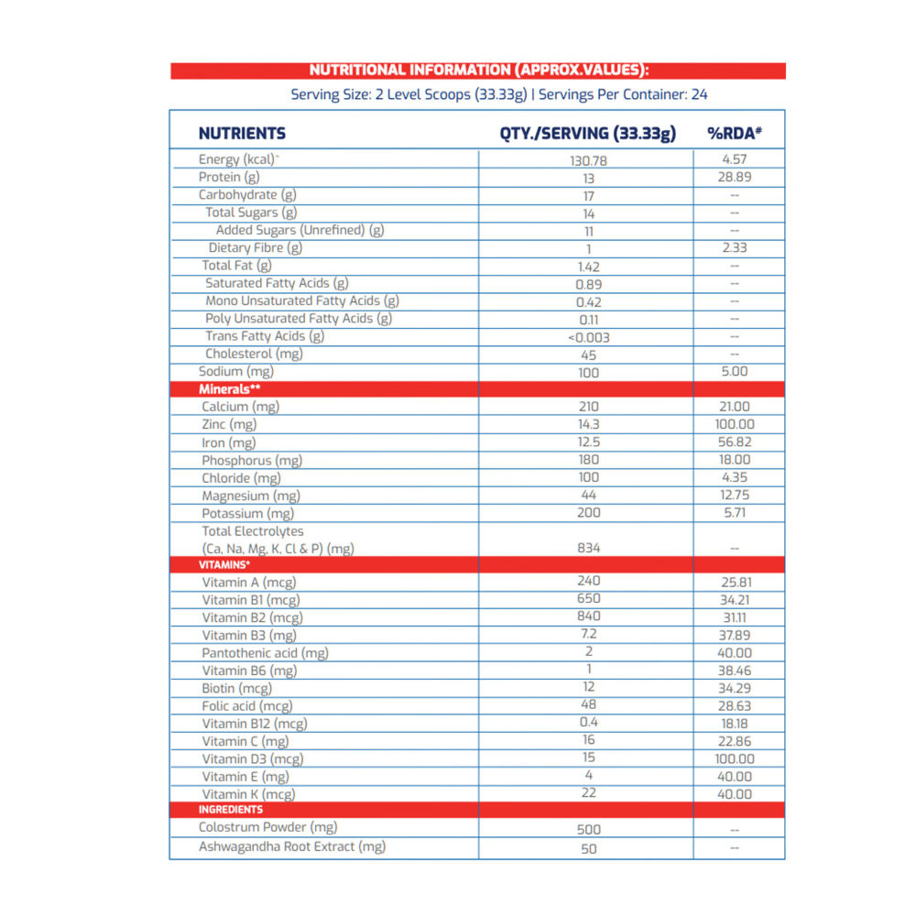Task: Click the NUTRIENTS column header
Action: click(x=242, y=134)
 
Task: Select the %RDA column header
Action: click(x=735, y=134)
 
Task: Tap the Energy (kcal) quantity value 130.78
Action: click(x=588, y=160)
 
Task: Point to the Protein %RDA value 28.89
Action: click(x=735, y=177)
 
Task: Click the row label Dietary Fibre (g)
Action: click(x=256, y=248)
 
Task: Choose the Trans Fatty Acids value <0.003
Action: click(x=588, y=337)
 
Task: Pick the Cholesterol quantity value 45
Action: click(x=588, y=354)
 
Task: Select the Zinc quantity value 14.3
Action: click(x=588, y=424)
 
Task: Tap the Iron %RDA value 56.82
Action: click(x=735, y=442)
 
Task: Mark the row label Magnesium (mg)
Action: click(x=249, y=496)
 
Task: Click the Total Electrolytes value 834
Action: click(x=588, y=548)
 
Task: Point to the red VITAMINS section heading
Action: click(x=224, y=565)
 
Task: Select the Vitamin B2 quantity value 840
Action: click(x=588, y=616)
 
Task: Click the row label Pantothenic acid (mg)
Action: click(x=265, y=653)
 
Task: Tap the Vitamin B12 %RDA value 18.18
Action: click(x=735, y=724)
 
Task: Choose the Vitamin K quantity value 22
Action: click(x=588, y=793)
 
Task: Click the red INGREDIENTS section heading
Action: click(x=231, y=810)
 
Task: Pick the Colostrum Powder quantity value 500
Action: click(x=588, y=829)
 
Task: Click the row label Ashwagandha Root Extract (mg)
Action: click(x=292, y=847)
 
